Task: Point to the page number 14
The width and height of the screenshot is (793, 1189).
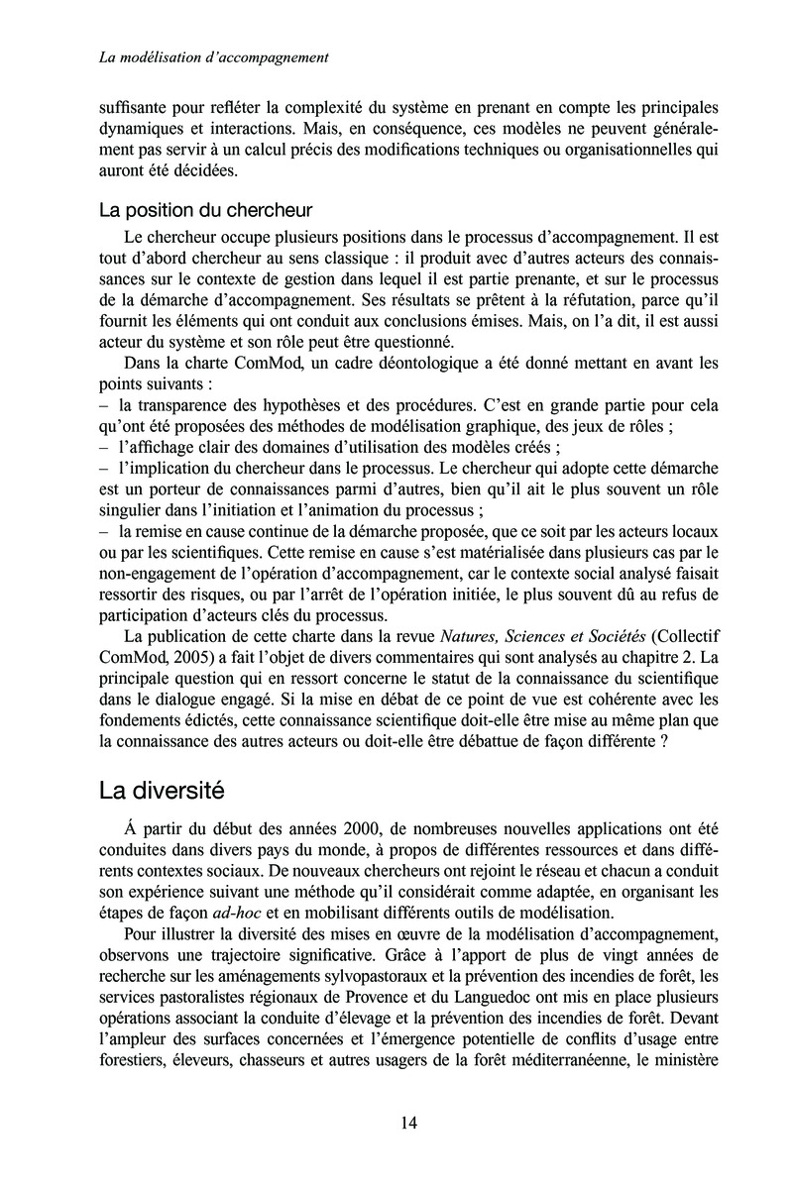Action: pos(409,1123)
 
